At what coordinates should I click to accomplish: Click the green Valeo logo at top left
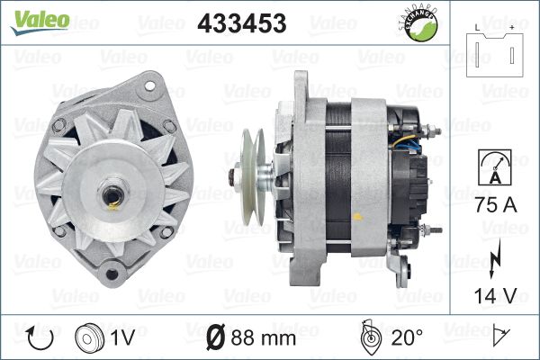pyautogui.click(x=40, y=22)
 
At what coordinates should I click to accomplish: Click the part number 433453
pyautogui.click(x=242, y=23)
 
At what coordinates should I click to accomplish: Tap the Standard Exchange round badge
pyautogui.click(x=419, y=24)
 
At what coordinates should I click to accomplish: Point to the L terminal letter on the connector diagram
pyautogui.click(x=477, y=28)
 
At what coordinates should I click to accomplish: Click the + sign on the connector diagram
pyautogui.click(x=512, y=28)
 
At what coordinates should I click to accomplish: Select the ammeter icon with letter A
pyautogui.click(x=494, y=167)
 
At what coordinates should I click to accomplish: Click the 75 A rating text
pyautogui.click(x=496, y=205)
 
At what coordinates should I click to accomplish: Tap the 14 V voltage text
pyautogui.click(x=495, y=295)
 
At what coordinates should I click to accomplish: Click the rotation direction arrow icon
pyautogui.click(x=40, y=338)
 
